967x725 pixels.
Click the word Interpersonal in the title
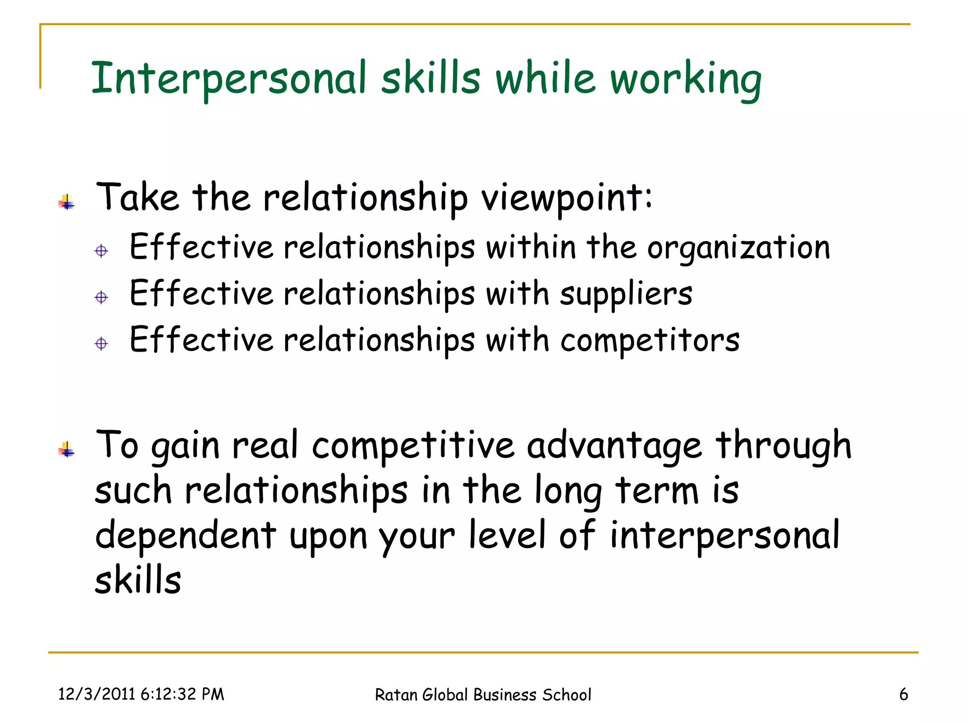point(229,78)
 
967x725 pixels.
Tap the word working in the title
point(686,79)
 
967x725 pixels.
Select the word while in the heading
point(545,78)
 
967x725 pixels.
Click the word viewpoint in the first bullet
point(566,197)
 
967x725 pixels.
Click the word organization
point(738,248)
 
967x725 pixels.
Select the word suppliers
point(626,294)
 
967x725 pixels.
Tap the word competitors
point(650,340)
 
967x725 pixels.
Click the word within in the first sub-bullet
point(531,247)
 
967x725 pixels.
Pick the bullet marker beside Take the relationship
point(67,202)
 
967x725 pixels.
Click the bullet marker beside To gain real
point(67,450)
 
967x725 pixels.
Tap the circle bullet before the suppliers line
point(101,297)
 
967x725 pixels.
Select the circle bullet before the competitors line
point(101,343)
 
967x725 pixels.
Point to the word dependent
point(186,536)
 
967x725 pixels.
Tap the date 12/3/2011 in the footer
point(97,694)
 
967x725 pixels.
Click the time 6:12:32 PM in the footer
point(182,694)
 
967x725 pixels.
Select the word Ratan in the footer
point(396,695)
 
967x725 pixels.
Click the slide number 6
point(903,694)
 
